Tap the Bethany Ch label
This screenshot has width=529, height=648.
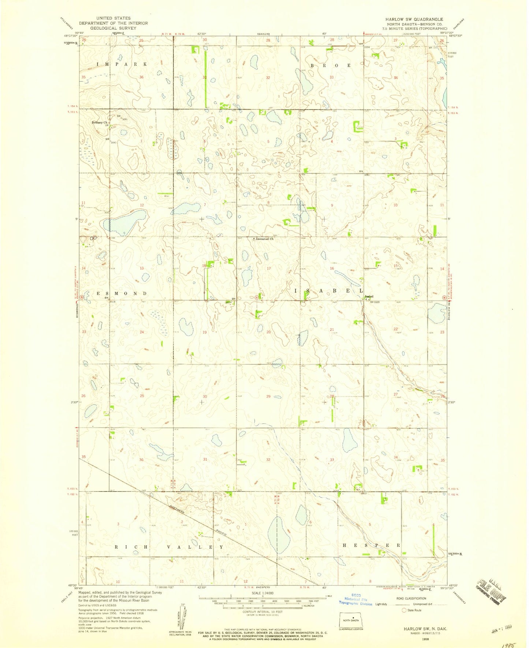click(99, 122)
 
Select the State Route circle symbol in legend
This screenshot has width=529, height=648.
click(404, 610)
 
